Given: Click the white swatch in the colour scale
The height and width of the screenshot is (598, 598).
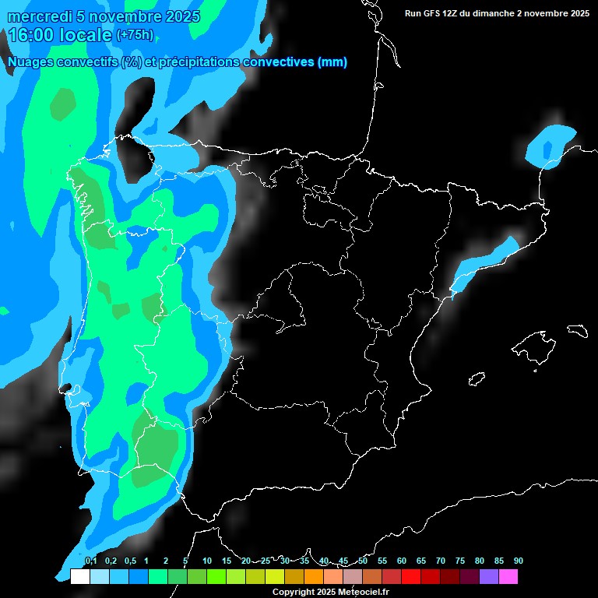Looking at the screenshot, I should coord(79,577).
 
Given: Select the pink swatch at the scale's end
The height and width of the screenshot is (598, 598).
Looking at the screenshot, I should coord(508,577).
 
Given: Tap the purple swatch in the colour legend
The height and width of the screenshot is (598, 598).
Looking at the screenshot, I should coord(489,577).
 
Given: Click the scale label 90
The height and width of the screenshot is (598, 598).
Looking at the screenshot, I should coord(519,561).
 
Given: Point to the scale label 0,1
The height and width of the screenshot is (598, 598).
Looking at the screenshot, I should coord(90,561).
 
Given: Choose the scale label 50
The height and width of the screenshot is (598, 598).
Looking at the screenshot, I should coord(363,561).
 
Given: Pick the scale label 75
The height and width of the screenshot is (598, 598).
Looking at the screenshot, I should coord(460,561).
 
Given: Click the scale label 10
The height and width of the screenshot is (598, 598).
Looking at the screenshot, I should coord(207,561).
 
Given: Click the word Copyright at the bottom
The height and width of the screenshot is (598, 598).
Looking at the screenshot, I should coord(294,592).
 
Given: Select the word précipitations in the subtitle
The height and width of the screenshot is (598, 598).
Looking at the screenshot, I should coord(199,62).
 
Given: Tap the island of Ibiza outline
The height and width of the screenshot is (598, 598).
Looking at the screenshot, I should coord(477,379).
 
